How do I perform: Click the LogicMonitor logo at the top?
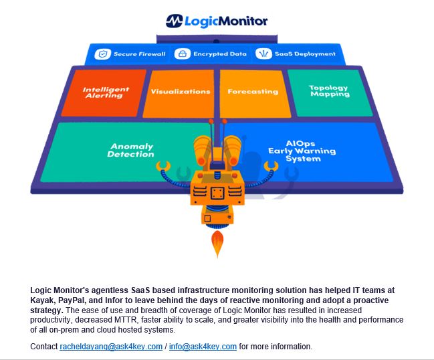217,21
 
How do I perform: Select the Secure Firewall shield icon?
102,54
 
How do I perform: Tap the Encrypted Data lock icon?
181,54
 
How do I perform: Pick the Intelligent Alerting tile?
102,92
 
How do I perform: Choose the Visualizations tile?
180,92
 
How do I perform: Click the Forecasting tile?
252,92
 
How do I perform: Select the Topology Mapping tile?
329,91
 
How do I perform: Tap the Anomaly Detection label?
130,151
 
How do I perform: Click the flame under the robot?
217,245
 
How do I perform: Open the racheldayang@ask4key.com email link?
111,347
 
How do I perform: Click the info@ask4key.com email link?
203,347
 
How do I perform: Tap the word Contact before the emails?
44,347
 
